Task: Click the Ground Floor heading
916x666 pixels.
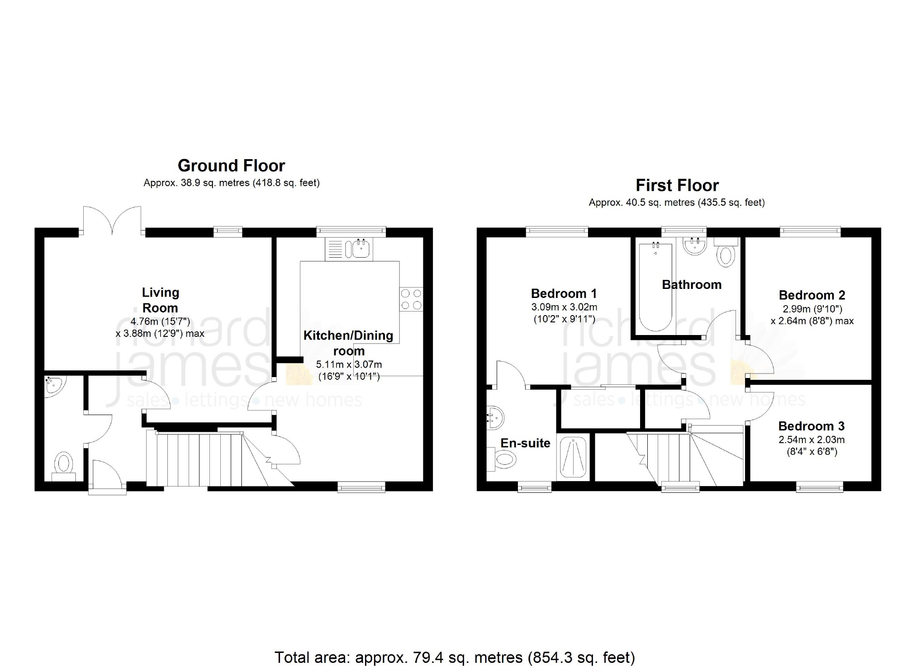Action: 231,166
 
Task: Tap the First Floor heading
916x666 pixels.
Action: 677,185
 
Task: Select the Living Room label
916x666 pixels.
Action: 161,300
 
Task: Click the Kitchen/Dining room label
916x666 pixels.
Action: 348,343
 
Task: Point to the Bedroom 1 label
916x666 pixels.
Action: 564,293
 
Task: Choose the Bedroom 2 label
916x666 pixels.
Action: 812,295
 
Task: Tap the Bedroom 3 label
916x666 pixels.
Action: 812,426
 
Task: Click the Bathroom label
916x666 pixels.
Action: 692,284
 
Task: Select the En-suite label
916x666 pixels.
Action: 525,443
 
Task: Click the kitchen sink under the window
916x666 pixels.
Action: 349,249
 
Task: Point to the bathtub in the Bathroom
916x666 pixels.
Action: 655,287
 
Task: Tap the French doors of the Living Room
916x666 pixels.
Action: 112,221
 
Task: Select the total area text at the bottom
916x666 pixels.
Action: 455,657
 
